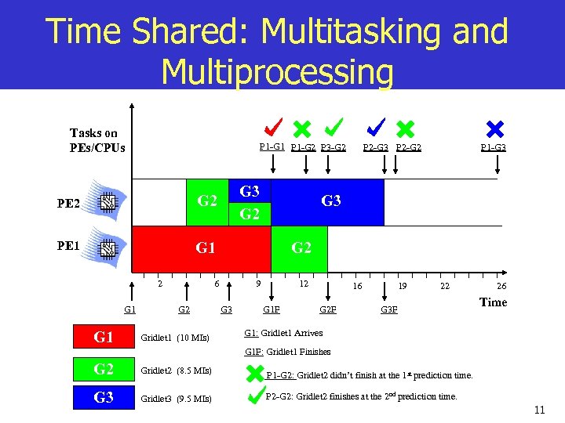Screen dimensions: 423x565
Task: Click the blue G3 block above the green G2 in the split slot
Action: coord(250,191)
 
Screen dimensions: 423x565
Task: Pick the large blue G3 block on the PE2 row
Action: coord(331,201)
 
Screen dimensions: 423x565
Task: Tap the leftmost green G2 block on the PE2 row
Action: coord(207,201)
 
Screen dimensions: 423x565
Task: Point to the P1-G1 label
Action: coord(272,146)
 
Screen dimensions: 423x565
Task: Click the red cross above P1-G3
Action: coord(495,128)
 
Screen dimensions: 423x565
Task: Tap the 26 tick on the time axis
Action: coord(501,287)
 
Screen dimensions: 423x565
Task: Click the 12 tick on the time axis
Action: coord(303,284)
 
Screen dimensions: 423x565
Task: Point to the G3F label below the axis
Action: coord(388,310)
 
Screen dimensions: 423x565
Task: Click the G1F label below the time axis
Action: coord(272,310)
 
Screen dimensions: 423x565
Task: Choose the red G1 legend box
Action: coord(104,338)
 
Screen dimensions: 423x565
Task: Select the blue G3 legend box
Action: coord(104,397)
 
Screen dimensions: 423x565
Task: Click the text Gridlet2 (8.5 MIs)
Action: coord(174,370)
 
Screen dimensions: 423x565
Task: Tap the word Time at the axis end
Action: coord(493,302)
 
